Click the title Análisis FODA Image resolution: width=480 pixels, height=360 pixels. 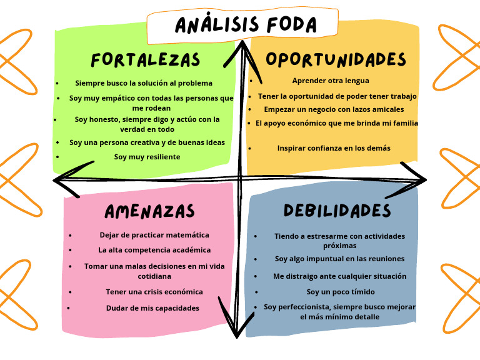pyautogui.click(x=245, y=25)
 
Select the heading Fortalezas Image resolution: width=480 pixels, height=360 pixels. pyautogui.click(x=145, y=60)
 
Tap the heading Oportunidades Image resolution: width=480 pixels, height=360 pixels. pyautogui.click(x=336, y=59)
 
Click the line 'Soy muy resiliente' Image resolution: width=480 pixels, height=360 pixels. pyautogui.click(x=147, y=157)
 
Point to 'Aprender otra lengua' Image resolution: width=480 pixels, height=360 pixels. pyautogui.click(x=331, y=81)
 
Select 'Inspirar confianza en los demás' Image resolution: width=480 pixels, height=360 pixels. pyautogui.click(x=334, y=148)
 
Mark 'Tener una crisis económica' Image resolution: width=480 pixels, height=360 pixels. pyautogui.click(x=154, y=292)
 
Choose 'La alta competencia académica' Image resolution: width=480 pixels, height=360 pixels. pyautogui.click(x=154, y=250)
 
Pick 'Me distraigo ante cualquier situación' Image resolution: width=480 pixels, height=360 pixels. pyautogui.click(x=340, y=276)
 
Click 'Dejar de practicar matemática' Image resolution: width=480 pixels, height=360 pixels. pyautogui.click(x=154, y=235)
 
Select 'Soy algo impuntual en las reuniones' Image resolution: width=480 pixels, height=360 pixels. pyautogui.click(x=339, y=259)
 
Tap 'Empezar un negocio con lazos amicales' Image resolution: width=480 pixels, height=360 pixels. pyautogui.click(x=334, y=109)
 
